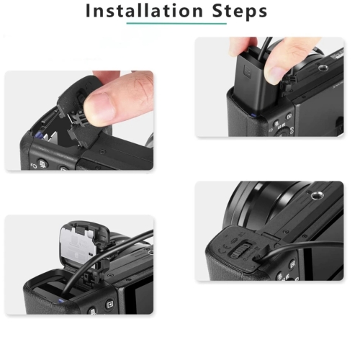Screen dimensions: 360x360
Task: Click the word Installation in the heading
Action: pyautogui.click(x=144, y=11)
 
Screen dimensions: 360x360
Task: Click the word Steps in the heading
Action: pyautogui.click(x=240, y=11)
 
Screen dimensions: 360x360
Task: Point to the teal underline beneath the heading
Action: pyautogui.click(x=176, y=24)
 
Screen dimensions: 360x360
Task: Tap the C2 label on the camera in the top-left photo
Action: pyautogui.click(x=33, y=166)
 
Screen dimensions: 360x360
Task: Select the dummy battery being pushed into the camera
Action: pyautogui.click(x=254, y=81)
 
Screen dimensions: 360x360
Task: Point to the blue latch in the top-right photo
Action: pyautogui.click(x=253, y=115)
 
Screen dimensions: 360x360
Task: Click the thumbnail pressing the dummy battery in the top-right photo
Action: pyautogui.click(x=275, y=73)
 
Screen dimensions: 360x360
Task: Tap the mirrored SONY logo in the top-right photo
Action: pyautogui.click(x=338, y=85)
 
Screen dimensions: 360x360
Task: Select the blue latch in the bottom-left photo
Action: pyautogui.click(x=60, y=301)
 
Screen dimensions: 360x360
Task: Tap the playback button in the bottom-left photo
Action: pyautogui.click(x=109, y=305)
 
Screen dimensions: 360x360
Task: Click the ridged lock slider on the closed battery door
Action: pyautogui.click(x=240, y=251)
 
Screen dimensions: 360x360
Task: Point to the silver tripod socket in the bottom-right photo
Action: pyautogui.click(x=315, y=196)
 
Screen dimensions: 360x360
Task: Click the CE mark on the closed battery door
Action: pyautogui.click(x=223, y=251)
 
